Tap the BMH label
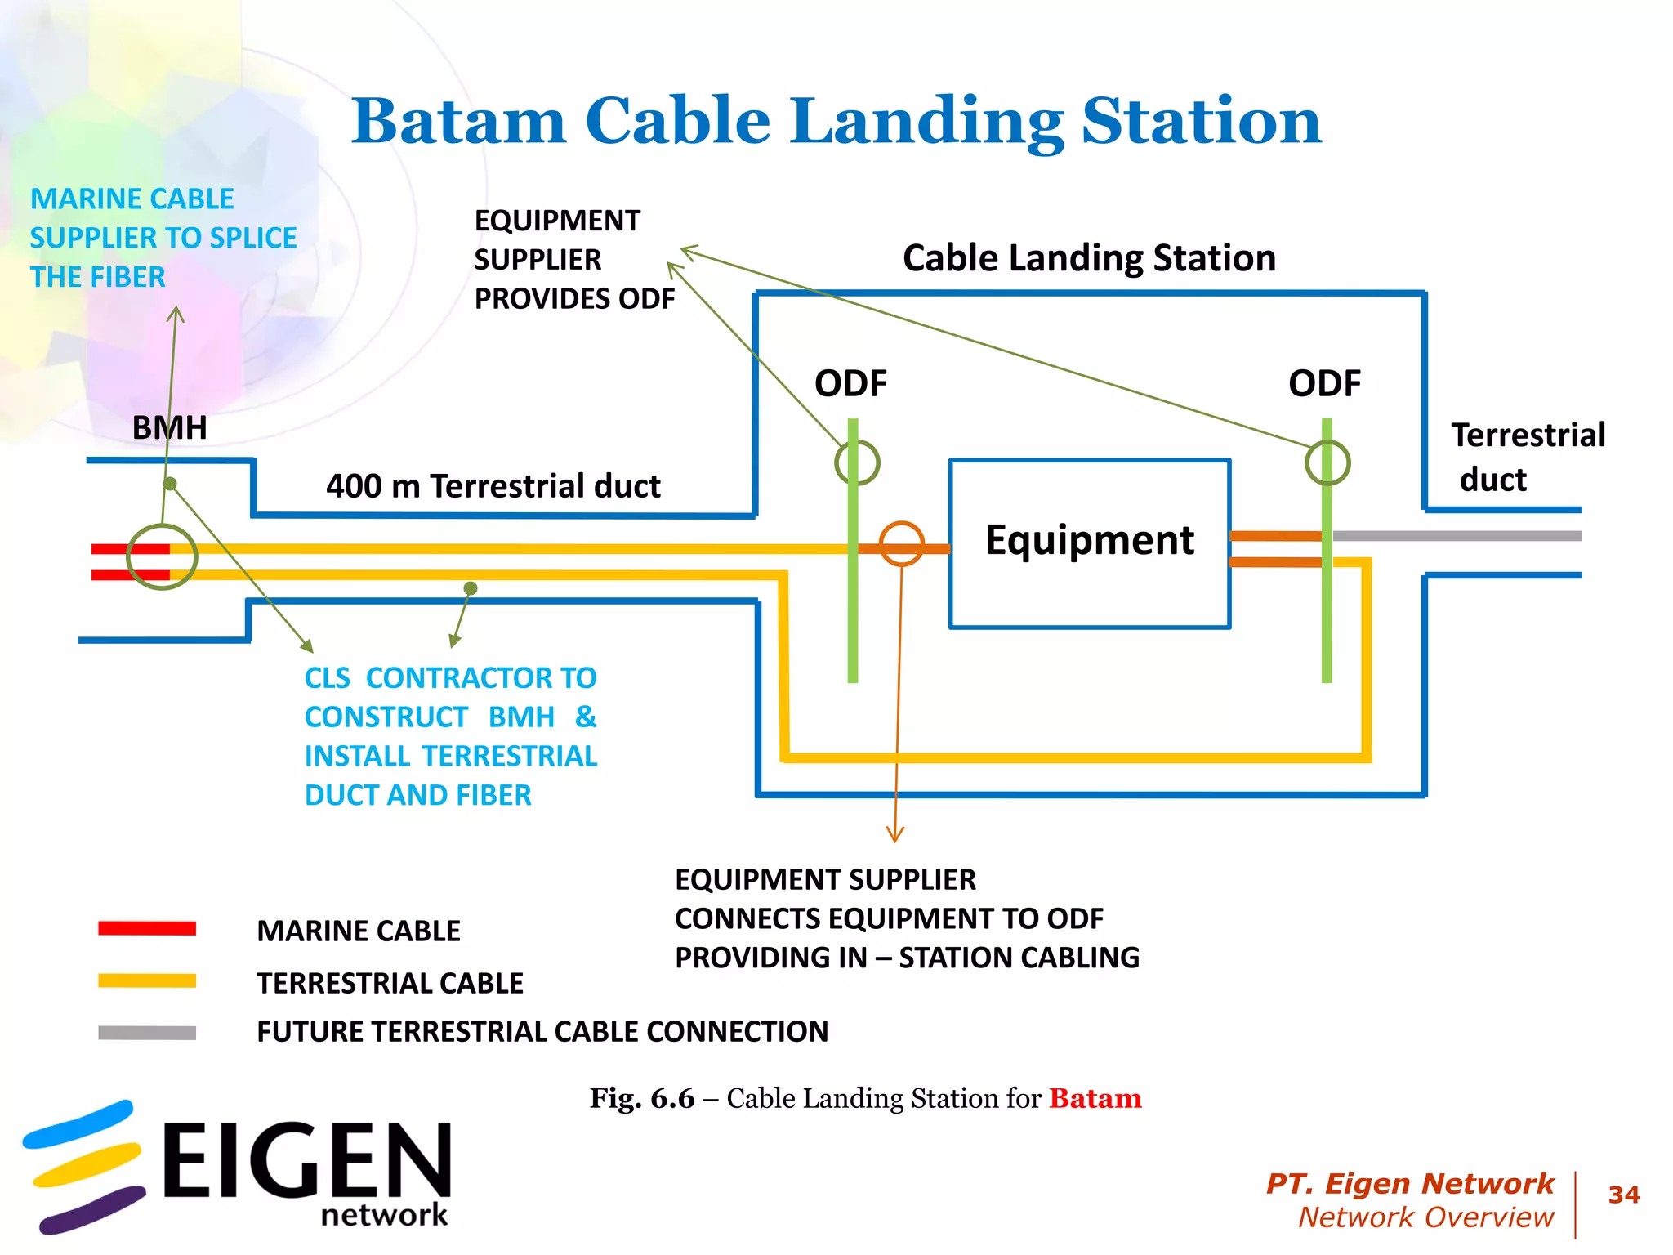click(x=169, y=427)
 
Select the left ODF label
click(x=850, y=383)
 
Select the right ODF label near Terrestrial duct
click(x=1324, y=383)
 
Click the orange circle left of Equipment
click(x=902, y=544)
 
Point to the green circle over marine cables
click(x=162, y=556)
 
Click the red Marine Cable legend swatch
click(x=147, y=928)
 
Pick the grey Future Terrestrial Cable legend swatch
click(x=147, y=1033)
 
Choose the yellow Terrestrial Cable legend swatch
click(x=147, y=980)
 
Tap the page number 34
click(x=1623, y=1195)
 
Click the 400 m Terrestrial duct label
click(x=493, y=486)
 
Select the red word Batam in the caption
click(x=1095, y=1098)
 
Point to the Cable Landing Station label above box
click(x=1089, y=258)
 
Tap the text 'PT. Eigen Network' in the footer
click(x=1409, y=1183)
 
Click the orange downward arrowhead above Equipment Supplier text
click(x=895, y=835)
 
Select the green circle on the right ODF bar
click(x=1327, y=462)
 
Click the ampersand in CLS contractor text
click(x=586, y=717)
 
